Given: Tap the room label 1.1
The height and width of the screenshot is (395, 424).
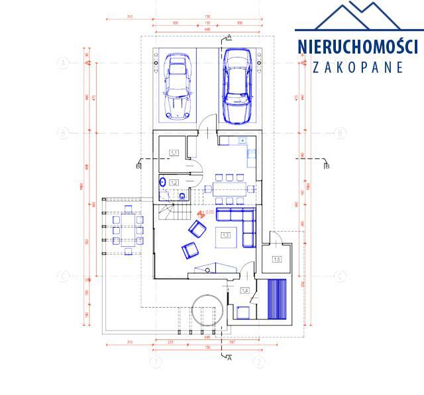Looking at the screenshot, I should [x=174, y=153].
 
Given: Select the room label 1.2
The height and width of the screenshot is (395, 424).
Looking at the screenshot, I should [x=174, y=182].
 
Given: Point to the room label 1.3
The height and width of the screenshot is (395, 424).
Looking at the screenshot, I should [x=225, y=235].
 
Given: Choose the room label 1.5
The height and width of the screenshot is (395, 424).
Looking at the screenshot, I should [x=277, y=259].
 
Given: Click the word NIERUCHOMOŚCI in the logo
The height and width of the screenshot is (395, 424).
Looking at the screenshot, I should [x=357, y=48].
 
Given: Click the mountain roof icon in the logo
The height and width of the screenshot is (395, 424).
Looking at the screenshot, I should [x=358, y=17].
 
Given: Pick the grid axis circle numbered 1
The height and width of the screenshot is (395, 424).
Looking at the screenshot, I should [x=157, y=362].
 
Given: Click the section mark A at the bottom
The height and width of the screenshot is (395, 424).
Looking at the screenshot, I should [x=229, y=358].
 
